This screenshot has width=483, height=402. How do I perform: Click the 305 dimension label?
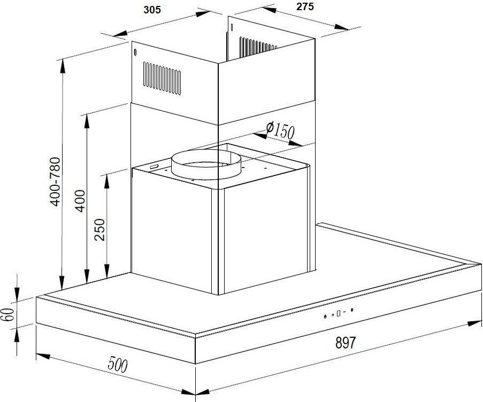tap(152, 10)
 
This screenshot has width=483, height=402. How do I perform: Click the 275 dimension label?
tap(305, 6)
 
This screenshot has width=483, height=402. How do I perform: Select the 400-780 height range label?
tap(56, 181)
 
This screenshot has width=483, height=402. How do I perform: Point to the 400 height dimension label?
tap(80, 201)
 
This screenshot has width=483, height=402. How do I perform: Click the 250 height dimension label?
tap(100, 230)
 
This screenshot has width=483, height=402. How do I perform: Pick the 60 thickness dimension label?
tap(8, 314)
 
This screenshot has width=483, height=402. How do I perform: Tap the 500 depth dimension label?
tap(117, 365)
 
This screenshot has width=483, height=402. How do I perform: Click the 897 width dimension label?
tap(346, 342)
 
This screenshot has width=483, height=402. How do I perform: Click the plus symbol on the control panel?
tap(333, 315)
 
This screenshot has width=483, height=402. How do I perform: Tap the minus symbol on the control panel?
tap(344, 312)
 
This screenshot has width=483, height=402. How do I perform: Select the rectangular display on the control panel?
tap(339, 314)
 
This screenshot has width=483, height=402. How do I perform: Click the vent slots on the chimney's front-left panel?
tap(162, 78)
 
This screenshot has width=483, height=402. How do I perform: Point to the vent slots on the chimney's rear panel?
tap(258, 47)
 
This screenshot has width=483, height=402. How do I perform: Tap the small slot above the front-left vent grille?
tap(135, 52)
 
